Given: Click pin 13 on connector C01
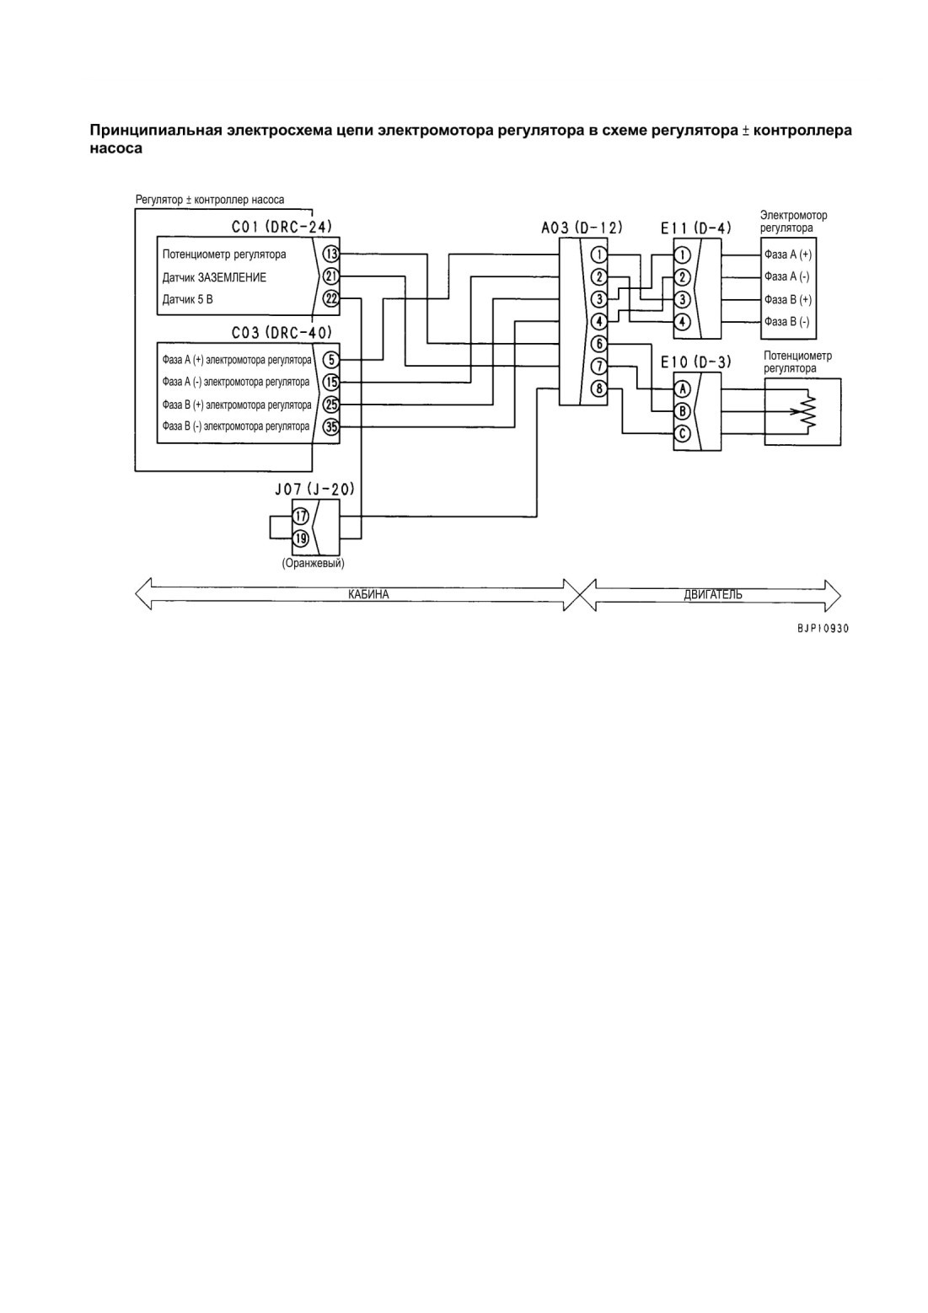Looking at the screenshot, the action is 331,255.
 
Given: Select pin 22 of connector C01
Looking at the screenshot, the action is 331,299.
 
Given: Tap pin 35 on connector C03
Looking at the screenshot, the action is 331,426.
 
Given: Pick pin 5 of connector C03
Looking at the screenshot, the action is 331,360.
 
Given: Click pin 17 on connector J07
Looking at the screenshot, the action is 301,517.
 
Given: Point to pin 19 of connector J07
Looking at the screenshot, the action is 301,539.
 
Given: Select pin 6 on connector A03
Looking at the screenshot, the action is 599,344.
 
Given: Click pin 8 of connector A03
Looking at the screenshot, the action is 599,388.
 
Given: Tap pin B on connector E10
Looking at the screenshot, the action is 683,411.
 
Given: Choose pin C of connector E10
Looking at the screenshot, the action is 683,434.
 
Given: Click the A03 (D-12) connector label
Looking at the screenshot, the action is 582,228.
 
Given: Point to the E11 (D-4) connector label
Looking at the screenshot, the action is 696,228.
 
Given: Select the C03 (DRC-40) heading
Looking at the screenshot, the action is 282,333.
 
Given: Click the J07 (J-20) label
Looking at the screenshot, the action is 314,489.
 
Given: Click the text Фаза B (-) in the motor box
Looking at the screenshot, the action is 786,322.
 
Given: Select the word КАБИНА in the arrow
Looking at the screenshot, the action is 368,594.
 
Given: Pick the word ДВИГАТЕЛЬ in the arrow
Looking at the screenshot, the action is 713,594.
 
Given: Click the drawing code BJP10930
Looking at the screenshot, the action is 823,629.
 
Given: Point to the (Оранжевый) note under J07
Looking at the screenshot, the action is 313,563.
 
